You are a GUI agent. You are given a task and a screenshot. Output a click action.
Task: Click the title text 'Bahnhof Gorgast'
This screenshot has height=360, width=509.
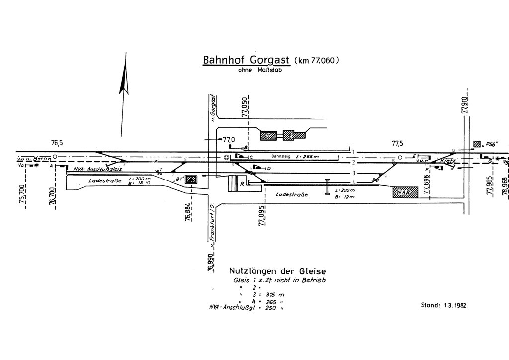point(247,60)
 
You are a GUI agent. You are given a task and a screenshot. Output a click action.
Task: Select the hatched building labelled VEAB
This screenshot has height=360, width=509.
point(407,192)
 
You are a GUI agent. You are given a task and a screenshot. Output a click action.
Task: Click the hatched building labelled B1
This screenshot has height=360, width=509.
point(191,180)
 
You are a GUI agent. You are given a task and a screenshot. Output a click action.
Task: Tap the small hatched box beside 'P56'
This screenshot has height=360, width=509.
point(477,144)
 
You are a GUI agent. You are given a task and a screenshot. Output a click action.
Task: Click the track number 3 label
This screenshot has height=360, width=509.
point(353,173)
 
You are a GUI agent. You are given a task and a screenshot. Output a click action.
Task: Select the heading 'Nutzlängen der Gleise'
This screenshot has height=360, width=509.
point(277,271)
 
